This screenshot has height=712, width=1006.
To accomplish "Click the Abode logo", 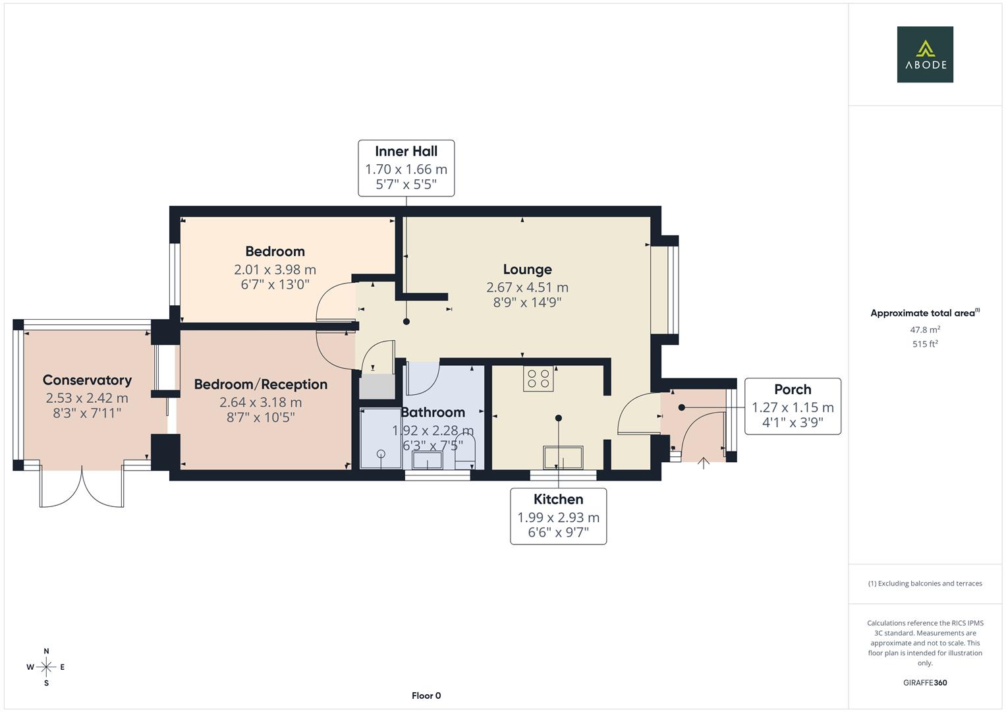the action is point(925,54).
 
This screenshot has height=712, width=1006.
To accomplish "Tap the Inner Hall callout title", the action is point(406,152).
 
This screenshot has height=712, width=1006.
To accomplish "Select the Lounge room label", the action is point(527,269).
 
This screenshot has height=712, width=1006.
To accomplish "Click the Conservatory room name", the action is point(87,380).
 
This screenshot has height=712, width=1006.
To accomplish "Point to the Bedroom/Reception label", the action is point(260,384).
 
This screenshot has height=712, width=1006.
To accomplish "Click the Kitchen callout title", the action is point(558,500).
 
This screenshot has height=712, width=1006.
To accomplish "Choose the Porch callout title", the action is point(793,389).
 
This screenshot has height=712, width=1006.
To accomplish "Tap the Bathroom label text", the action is point(432,412).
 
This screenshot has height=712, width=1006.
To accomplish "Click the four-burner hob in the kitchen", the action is point(538,378).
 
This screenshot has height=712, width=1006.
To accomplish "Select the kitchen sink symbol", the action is point(563,458).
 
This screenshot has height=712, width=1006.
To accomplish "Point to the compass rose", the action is point(46,667).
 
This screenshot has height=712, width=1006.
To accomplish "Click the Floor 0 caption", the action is point(426,696).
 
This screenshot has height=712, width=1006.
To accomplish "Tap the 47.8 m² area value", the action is point(925,330).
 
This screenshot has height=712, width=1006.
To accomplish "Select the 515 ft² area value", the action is point(925,344).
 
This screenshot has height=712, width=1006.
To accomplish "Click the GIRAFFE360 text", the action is point(925,683).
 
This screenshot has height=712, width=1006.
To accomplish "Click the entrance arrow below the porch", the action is point(704,463).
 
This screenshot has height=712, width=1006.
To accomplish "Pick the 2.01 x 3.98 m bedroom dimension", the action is point(275,270).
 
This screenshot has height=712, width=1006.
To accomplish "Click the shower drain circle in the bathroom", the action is point(381,454).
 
